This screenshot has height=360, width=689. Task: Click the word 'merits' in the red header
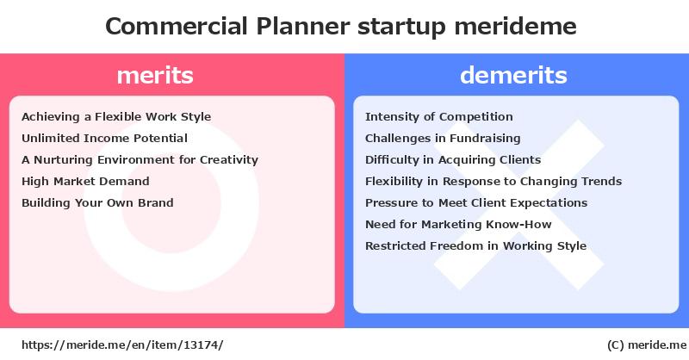(x=155, y=75)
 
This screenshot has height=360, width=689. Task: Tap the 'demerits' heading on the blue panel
(x=513, y=75)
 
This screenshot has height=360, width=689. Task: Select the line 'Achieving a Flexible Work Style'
(x=116, y=117)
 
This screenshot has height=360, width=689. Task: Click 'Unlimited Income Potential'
(x=104, y=138)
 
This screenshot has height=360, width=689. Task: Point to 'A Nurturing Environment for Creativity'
(x=140, y=160)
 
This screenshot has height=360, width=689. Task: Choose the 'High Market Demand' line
(x=85, y=182)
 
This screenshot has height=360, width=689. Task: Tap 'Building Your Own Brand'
(x=97, y=203)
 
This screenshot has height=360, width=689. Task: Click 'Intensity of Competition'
(x=439, y=117)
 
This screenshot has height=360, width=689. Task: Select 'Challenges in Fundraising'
(x=443, y=139)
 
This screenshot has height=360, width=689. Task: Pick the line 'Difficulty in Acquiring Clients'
(x=453, y=160)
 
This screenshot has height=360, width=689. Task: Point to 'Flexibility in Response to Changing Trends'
(x=493, y=182)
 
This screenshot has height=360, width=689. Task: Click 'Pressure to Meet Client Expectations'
(x=476, y=203)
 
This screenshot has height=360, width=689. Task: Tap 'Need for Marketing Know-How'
(x=458, y=224)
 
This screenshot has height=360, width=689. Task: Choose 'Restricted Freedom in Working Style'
(x=476, y=245)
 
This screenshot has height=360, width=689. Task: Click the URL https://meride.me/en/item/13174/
(x=122, y=345)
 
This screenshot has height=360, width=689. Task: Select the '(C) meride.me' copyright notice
(x=647, y=345)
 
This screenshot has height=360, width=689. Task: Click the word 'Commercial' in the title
(x=177, y=26)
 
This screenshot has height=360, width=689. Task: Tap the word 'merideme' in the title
(x=515, y=26)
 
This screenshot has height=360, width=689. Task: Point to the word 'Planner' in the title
(x=303, y=26)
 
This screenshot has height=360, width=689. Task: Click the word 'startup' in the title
(x=401, y=28)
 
